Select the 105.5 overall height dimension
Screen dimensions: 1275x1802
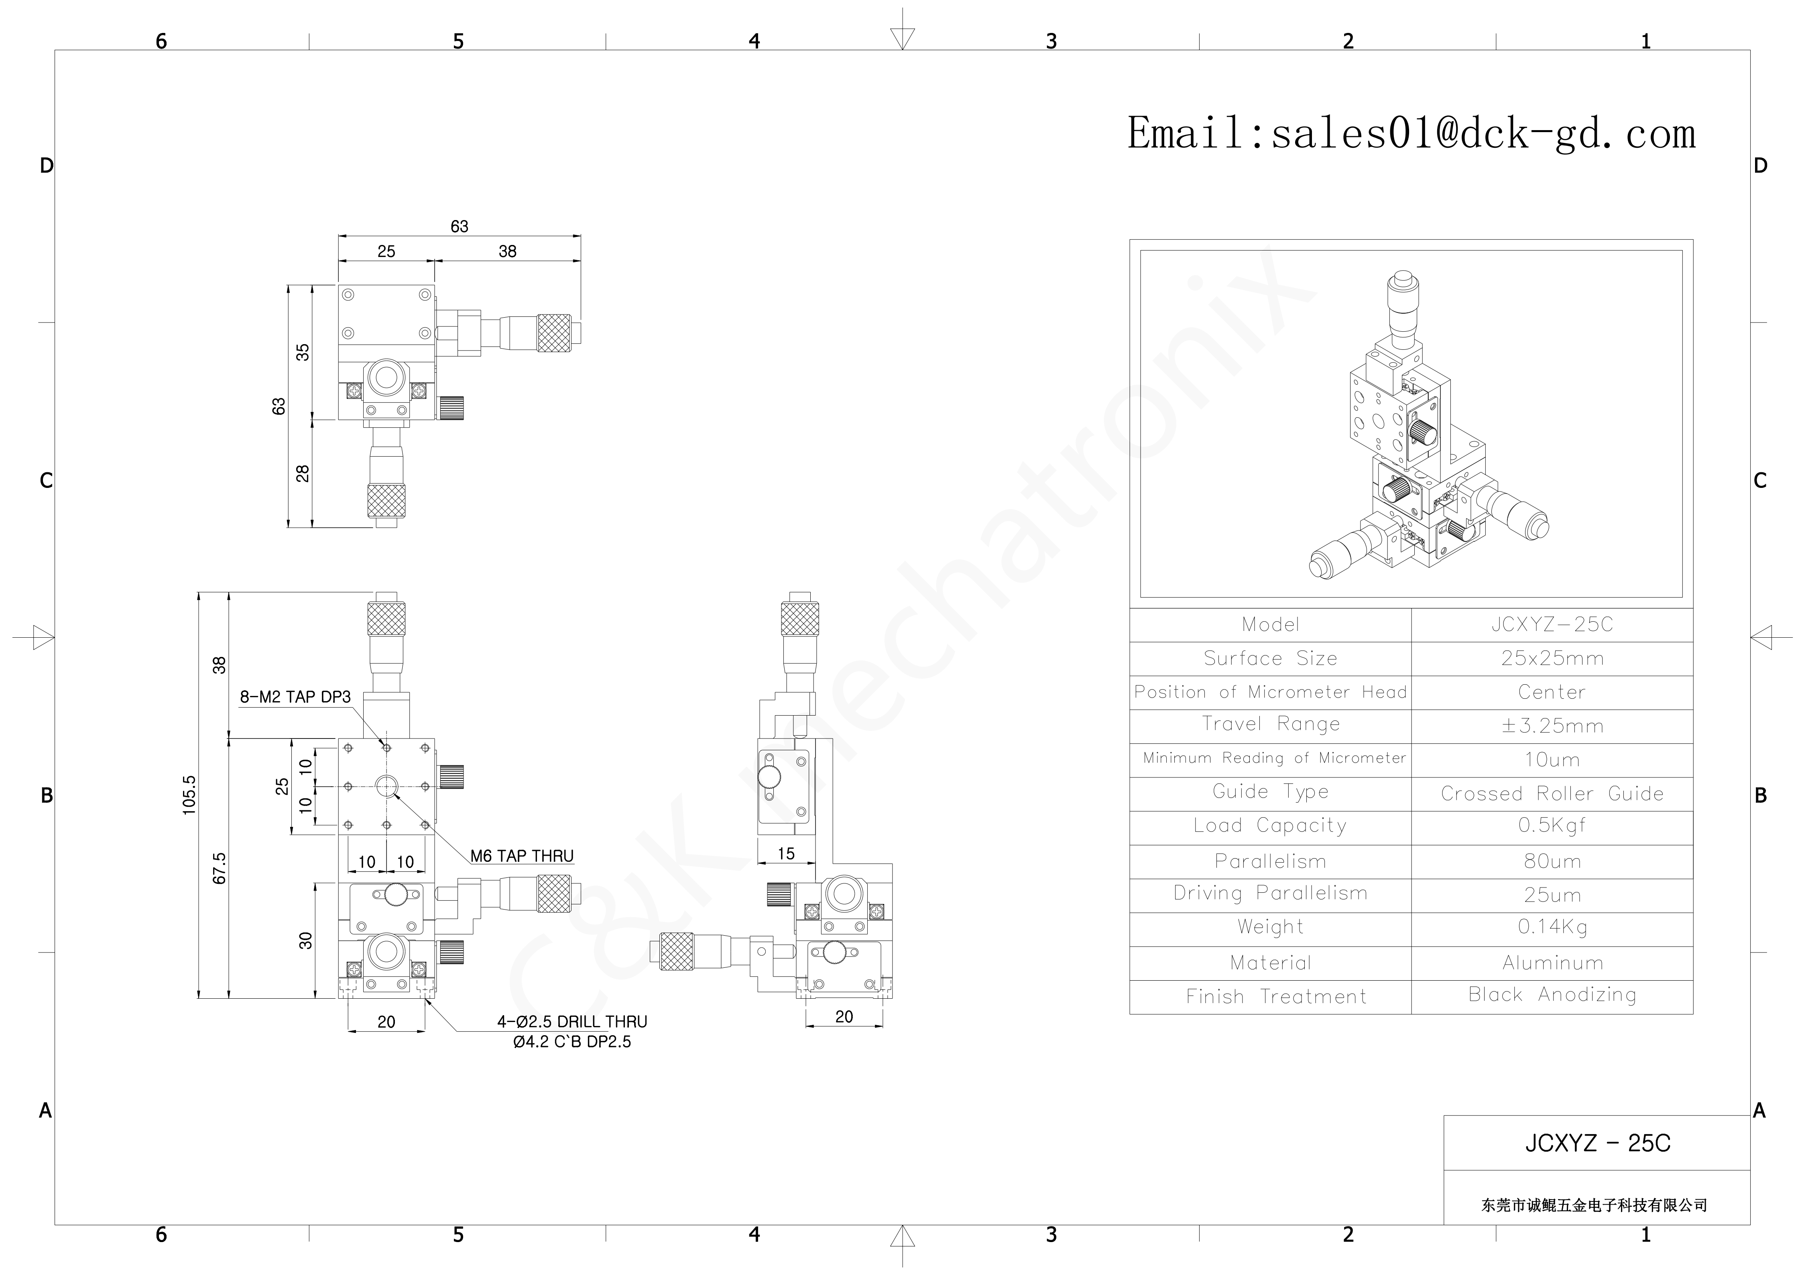[x=189, y=795]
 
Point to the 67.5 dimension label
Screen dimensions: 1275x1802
[x=220, y=868]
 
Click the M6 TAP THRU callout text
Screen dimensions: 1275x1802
[x=522, y=856]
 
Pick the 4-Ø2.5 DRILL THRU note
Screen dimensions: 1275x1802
[x=572, y=1022]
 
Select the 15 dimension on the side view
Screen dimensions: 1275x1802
[x=786, y=853]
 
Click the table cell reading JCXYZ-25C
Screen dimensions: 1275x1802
[x=1552, y=625]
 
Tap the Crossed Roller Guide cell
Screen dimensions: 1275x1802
[x=1552, y=794]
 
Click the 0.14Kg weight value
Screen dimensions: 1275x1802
[x=1552, y=927]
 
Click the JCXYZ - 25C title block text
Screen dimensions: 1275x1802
[x=1597, y=1143]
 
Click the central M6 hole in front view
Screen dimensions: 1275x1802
[x=386, y=785]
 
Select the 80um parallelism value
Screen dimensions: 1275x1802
[x=1552, y=861]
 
